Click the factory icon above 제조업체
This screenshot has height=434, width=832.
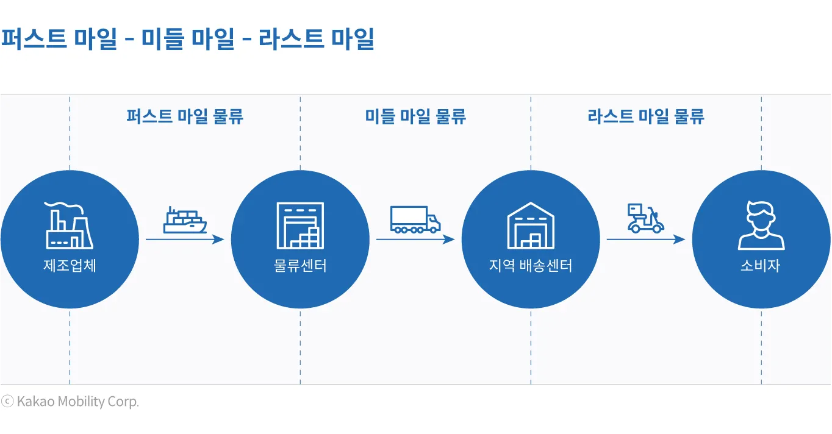click(x=69, y=226)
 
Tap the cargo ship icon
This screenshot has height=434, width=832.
click(x=185, y=221)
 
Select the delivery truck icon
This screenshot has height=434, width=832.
click(x=415, y=219)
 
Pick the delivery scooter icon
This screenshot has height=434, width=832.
click(x=645, y=219)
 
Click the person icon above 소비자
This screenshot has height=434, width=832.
click(x=761, y=226)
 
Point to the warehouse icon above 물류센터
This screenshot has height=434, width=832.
click(x=300, y=226)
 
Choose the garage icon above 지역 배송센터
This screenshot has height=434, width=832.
click(x=531, y=226)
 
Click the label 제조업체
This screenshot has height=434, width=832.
click(x=70, y=266)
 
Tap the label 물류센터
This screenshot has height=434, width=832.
click(x=300, y=266)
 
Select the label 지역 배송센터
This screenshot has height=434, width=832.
click(x=531, y=266)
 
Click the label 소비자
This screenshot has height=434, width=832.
click(x=761, y=266)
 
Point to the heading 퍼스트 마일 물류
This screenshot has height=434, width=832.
click(x=185, y=116)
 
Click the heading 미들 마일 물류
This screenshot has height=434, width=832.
click(x=415, y=116)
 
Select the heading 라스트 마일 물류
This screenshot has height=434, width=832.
click(x=646, y=116)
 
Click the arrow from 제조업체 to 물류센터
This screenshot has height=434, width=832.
click(x=185, y=240)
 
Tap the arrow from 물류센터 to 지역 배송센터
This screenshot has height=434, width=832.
click(x=415, y=240)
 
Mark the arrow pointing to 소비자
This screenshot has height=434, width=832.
click(x=646, y=240)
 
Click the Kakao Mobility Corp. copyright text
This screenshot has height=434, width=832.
click(x=71, y=402)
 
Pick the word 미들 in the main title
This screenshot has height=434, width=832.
click(x=164, y=40)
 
